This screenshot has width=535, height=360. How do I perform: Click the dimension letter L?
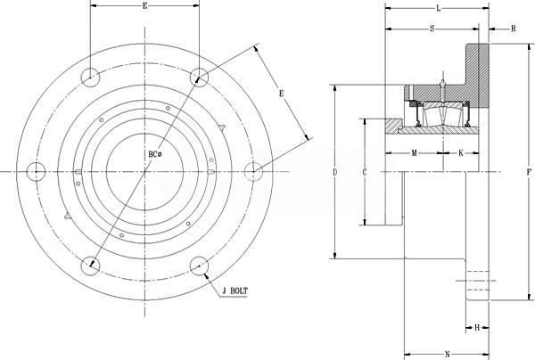click(438, 9)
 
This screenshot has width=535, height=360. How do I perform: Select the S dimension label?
click(432, 29)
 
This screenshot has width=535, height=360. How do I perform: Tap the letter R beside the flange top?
click(514, 29)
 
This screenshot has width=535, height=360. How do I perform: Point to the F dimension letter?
click(529, 172)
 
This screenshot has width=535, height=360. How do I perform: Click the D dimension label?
click(334, 172)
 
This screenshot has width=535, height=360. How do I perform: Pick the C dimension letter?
click(365, 172)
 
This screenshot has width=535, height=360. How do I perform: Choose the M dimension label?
click(414, 153)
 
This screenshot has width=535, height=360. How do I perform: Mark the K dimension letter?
click(461, 153)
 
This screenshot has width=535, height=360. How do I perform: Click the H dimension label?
click(477, 328)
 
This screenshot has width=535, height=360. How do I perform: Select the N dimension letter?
click(448, 354)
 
